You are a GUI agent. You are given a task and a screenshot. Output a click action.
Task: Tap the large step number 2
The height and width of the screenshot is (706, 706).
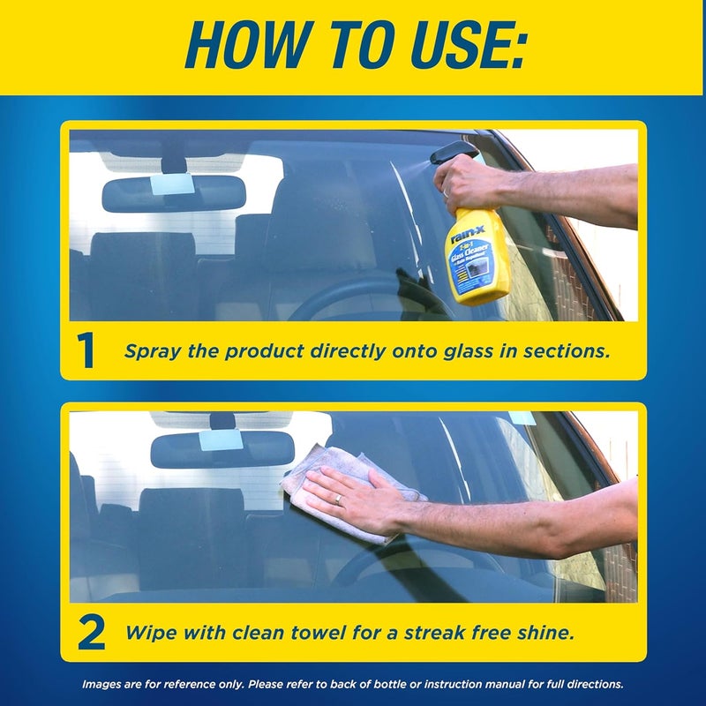click(90, 633)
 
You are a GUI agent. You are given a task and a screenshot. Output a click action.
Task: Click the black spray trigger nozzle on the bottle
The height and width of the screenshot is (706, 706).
click(452, 152)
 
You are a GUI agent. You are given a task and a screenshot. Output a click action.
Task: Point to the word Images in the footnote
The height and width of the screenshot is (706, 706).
click(102, 684)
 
